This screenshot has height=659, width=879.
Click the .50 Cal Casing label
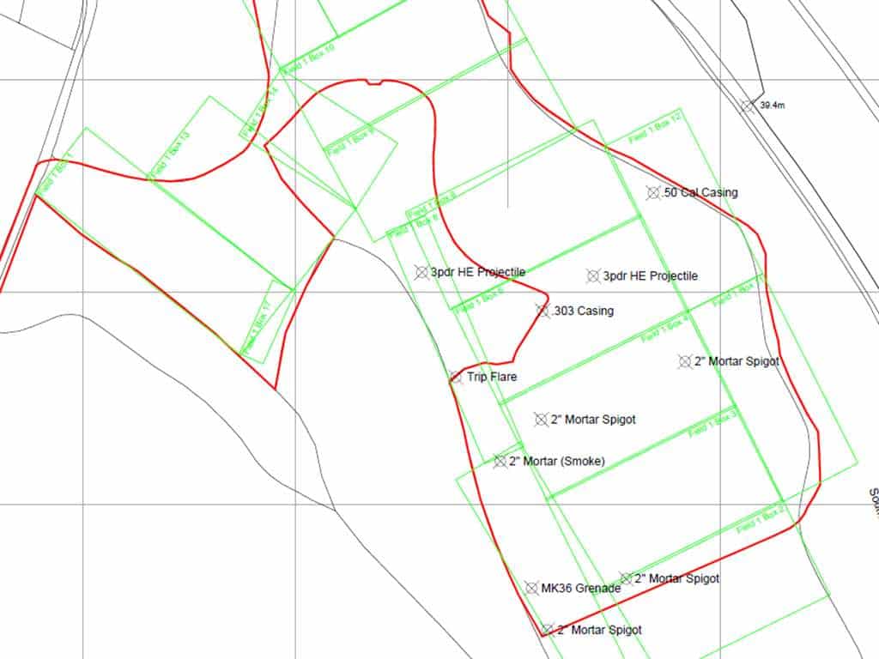[700, 193]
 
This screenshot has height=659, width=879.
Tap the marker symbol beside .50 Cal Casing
[654, 193]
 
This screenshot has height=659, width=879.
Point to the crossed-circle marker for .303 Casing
[543, 311]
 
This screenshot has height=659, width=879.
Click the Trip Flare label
[492, 377]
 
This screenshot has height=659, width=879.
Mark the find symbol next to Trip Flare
[456, 377]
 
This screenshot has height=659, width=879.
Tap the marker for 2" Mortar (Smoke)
[500, 462]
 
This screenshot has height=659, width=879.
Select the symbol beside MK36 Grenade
[531, 588]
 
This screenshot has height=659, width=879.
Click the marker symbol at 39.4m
[748, 106]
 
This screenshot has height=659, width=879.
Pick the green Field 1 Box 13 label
[171, 155]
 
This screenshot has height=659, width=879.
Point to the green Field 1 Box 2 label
[761, 517]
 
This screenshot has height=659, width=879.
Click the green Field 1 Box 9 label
[349, 140]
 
